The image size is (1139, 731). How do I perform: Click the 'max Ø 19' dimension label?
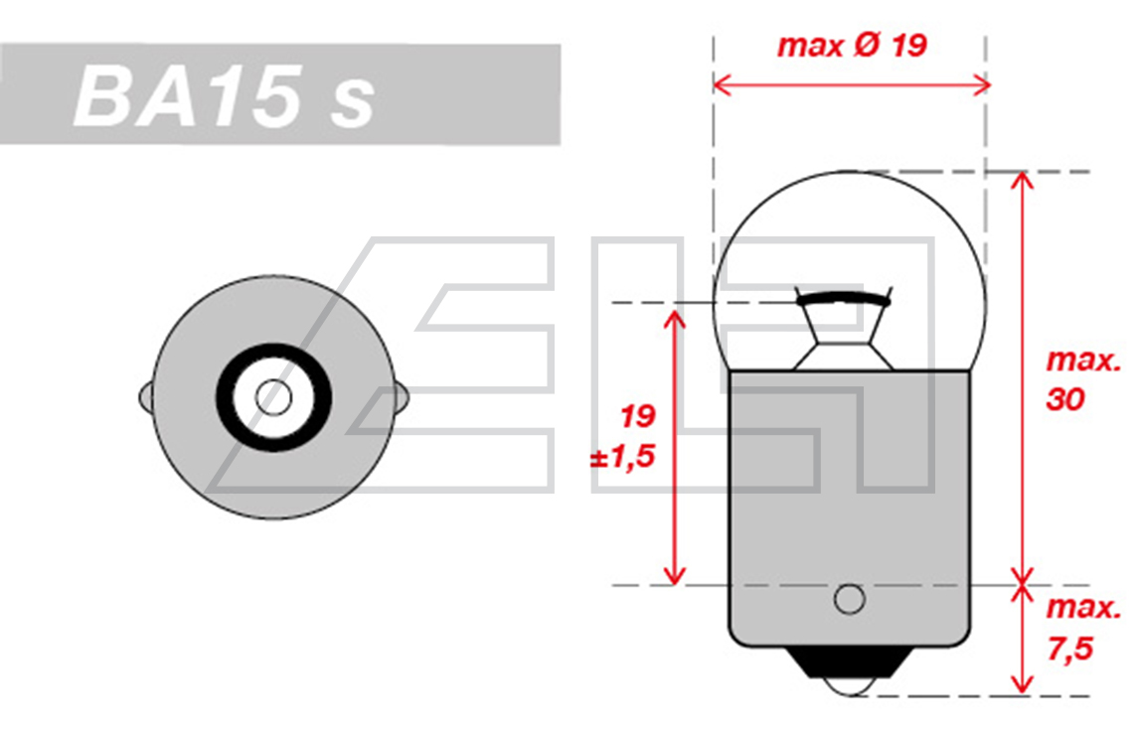[852, 46]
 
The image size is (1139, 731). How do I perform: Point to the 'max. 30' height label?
[1083, 379]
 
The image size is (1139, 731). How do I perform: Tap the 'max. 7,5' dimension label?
[1083, 628]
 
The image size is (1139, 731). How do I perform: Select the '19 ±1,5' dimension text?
[624, 436]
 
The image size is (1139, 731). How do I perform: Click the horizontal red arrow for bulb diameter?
[852, 85]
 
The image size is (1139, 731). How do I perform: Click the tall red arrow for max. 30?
[1022, 378]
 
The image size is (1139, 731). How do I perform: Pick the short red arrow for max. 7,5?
[1022, 639]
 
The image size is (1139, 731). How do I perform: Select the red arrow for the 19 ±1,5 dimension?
[675, 447]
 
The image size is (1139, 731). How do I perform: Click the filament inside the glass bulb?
[844, 298]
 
